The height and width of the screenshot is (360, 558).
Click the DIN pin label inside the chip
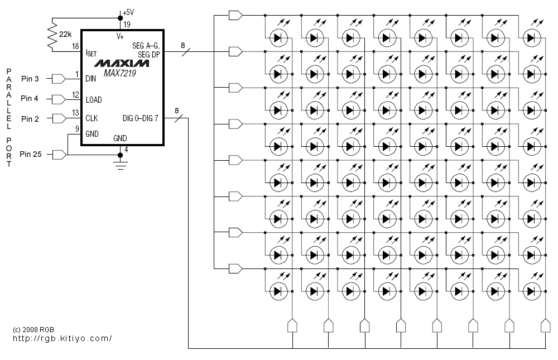[91, 79]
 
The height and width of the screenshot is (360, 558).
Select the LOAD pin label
[94, 99]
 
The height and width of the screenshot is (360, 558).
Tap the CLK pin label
[92, 118]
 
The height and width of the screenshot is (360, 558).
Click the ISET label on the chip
[92, 53]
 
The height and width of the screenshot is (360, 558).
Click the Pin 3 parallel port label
[30, 78]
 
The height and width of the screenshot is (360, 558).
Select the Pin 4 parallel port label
[30, 99]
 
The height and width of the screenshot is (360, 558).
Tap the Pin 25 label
[31, 153]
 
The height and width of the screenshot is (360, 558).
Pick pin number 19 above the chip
[127, 24]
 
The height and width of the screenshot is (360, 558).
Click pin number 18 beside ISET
[75, 47]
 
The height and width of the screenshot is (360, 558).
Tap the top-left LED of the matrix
[278, 38]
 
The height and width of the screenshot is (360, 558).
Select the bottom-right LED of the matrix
[532, 291]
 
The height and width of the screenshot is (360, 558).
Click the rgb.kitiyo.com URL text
[62, 338]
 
